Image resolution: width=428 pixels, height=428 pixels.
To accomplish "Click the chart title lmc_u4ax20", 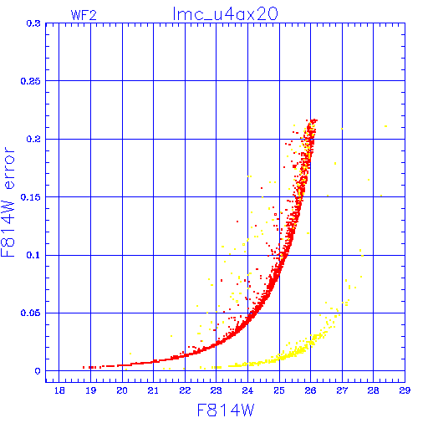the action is [x=226, y=14].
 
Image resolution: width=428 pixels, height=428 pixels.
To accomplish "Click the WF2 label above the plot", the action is [x=84, y=15].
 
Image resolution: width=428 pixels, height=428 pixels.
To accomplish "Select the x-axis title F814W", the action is [x=226, y=410].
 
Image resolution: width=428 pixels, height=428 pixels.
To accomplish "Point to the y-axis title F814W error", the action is [x=8, y=201].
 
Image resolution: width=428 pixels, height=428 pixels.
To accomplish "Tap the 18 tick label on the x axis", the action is [x=59, y=390].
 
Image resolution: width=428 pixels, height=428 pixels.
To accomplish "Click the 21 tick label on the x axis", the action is [x=153, y=390].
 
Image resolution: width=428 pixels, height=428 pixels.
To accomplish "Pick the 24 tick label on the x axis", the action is [x=247, y=390].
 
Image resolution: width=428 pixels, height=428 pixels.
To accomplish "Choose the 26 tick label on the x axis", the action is [x=310, y=390].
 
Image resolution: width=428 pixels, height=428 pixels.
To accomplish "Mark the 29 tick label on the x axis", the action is [x=405, y=390].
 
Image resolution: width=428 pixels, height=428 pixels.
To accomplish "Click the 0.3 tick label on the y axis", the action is [x=33, y=23].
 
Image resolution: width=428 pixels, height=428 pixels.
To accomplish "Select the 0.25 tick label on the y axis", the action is [x=31, y=81].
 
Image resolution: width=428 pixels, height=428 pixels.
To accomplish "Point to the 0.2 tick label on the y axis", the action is [x=33, y=139].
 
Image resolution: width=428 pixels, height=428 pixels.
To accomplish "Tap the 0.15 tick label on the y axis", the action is [x=31, y=197].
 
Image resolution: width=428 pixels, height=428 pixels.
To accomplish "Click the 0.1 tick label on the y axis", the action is [x=33, y=255].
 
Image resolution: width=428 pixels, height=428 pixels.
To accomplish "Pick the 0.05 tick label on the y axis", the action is [x=31, y=313].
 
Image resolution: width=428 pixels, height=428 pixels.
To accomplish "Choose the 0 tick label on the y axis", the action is [x=38, y=371].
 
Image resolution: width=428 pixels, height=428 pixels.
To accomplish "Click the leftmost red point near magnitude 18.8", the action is [x=84, y=367].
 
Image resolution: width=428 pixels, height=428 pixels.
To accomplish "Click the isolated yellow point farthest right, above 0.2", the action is [x=386, y=126].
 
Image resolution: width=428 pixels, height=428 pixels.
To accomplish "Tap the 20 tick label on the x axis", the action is [x=122, y=390].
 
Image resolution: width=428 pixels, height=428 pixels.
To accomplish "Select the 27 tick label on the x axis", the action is [x=342, y=390].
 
